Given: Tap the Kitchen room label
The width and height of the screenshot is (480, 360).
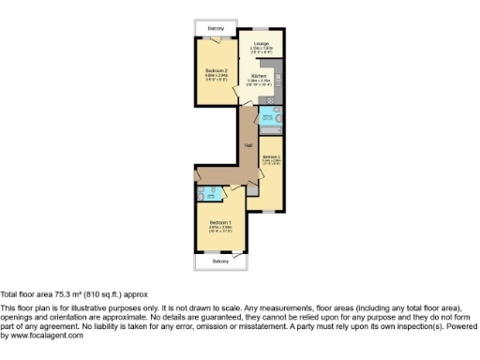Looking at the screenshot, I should coord(259,76).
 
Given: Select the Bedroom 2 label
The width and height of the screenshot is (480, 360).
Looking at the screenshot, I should coord(217,70).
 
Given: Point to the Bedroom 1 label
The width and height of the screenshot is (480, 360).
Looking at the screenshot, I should coord(219,222).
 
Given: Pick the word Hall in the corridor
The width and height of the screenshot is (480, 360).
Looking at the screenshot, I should coord(248,145).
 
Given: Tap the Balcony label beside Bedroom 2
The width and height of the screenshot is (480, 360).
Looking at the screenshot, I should coord(216,29).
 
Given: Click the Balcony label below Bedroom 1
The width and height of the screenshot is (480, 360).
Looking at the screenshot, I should coord(219,261).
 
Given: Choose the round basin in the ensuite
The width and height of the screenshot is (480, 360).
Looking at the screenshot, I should coord(212,195).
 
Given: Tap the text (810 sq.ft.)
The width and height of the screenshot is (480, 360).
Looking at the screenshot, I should coord(97,292).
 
